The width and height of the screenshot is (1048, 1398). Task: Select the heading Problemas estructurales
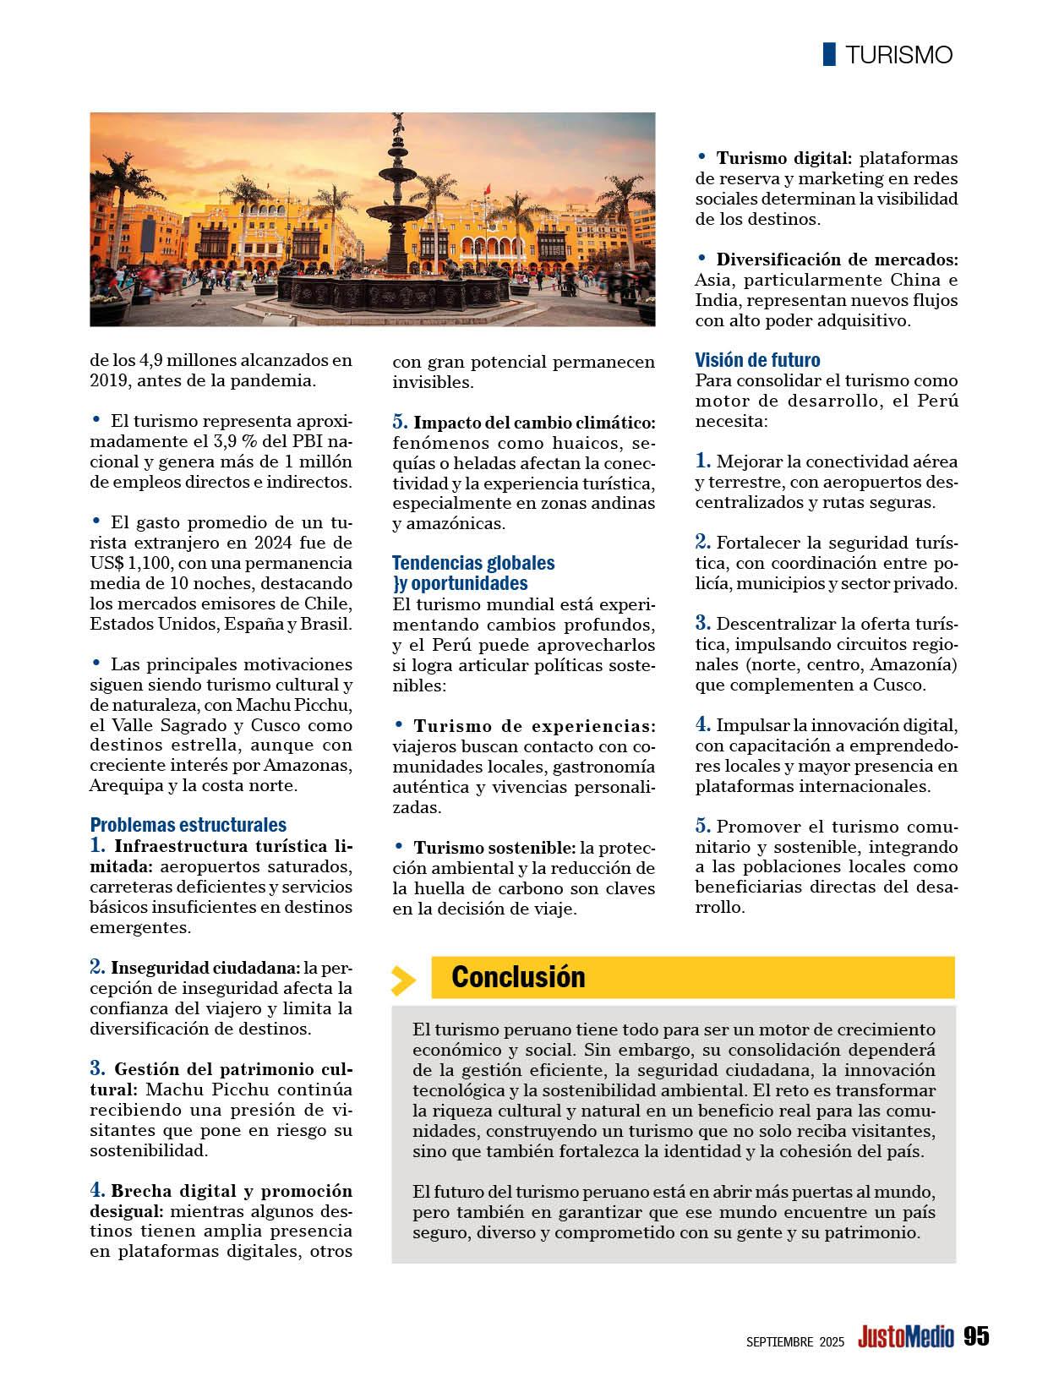(188, 824)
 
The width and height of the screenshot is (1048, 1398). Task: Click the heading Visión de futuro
(757, 360)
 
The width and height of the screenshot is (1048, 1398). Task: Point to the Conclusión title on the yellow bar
(518, 977)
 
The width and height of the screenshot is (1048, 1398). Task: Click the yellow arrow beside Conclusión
(404, 980)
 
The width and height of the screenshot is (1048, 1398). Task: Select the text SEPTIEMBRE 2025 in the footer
(794, 1341)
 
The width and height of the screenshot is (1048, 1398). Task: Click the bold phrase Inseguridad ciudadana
(205, 968)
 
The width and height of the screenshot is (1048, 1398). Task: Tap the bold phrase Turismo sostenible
(494, 847)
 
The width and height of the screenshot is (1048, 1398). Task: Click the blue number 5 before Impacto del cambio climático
(399, 422)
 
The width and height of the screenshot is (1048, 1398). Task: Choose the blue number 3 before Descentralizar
(702, 624)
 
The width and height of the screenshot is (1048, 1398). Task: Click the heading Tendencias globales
(473, 563)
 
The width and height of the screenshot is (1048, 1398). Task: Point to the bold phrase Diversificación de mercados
(837, 259)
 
